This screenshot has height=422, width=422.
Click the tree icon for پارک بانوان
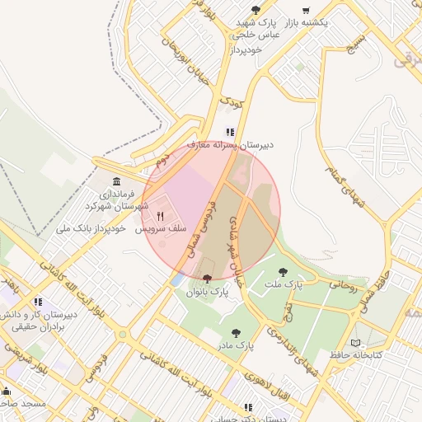[206, 278]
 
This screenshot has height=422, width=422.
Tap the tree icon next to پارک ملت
[283, 271]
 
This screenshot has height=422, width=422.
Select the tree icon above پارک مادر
[236, 333]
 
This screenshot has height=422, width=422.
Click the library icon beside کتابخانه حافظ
[356, 343]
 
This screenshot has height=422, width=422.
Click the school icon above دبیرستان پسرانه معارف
[231, 132]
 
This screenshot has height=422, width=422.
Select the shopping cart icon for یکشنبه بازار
[306, 11]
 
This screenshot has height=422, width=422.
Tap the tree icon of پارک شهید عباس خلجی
[255, 10]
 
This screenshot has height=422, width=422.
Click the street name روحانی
[344, 286]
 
